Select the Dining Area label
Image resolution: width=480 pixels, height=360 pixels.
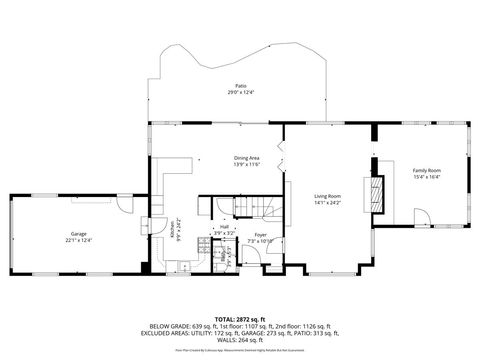[x=247, y=157]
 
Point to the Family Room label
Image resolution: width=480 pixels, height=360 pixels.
[x=427, y=170]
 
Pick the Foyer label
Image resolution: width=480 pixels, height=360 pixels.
[x=260, y=235]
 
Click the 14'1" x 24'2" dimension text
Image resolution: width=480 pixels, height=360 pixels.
[x=328, y=202]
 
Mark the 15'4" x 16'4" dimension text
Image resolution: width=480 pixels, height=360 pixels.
[x=427, y=177]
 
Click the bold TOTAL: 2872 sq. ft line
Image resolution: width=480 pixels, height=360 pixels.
[x=239, y=319]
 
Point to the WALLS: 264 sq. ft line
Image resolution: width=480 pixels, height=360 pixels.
[x=239, y=341]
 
